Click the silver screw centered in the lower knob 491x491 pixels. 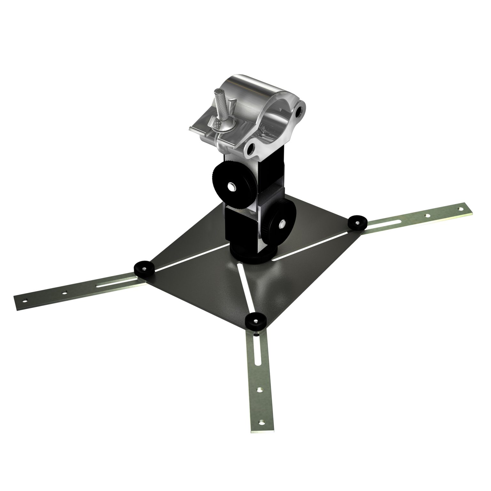(282, 225)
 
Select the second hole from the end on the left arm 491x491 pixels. (65, 292)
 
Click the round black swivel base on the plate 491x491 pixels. (253, 256)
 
